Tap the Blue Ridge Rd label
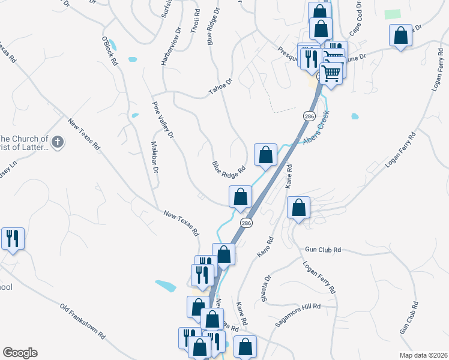click(229, 166)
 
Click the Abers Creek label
click(316, 134)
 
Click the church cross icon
click(57, 142)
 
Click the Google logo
click(20, 353)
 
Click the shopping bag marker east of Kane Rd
click(298, 208)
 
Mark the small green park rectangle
click(392, 14)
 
